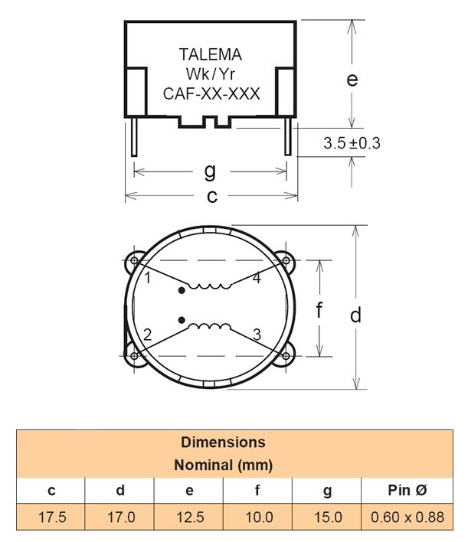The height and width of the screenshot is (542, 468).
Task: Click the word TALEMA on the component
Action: (211, 54)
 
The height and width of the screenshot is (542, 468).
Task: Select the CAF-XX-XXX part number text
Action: (211, 94)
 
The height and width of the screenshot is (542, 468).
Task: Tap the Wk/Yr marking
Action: (211, 74)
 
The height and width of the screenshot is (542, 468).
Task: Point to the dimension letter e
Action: (352, 79)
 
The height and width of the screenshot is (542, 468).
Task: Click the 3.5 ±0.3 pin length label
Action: (352, 143)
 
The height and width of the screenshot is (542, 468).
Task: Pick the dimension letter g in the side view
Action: (210, 170)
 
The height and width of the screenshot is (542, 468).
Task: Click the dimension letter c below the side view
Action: (212, 196)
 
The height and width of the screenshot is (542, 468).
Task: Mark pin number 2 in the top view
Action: (147, 334)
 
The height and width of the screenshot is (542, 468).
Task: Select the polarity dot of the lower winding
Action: (182, 318)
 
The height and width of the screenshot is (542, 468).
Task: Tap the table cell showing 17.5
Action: (52, 517)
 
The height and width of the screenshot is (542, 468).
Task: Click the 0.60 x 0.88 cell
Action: (407, 517)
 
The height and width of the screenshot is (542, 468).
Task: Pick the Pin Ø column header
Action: (407, 491)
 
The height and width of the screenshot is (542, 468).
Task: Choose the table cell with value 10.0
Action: (258, 517)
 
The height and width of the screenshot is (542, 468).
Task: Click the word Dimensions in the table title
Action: (223, 442)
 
